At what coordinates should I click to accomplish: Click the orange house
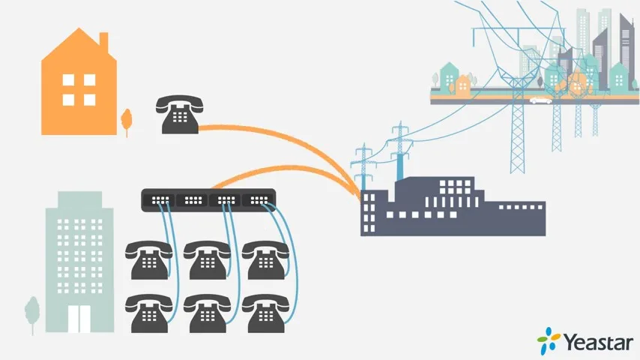point(79,90)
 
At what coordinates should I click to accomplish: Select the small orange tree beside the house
point(127,120)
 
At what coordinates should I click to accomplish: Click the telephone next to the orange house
point(178,115)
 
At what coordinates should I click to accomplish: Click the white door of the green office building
point(79,318)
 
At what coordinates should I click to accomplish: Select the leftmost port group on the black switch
point(159,200)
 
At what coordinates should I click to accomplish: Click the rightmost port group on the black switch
point(258,200)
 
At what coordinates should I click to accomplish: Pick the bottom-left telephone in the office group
point(148,313)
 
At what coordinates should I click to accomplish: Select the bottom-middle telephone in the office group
point(205,313)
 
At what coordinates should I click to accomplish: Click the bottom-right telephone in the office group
point(263,313)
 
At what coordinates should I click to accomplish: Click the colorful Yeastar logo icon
point(549,341)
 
